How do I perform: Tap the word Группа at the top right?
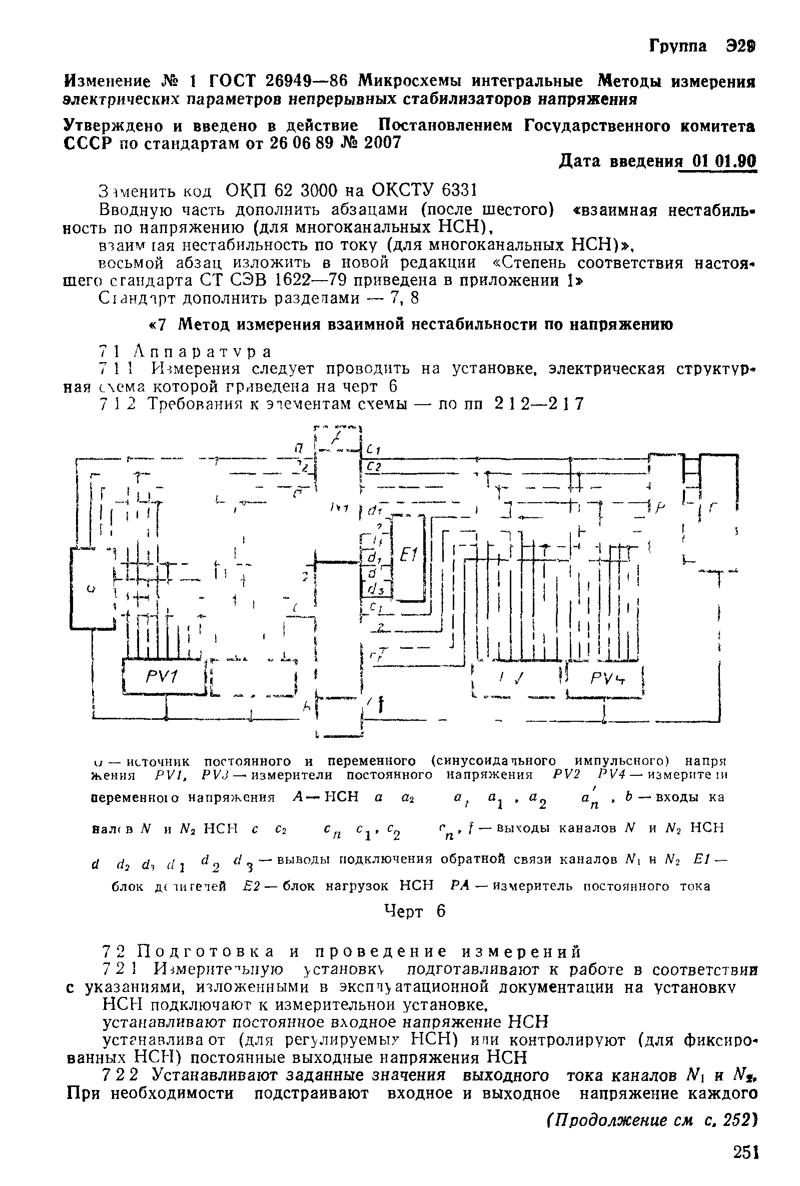678,47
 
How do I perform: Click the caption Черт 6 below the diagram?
415,911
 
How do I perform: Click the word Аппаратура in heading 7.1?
202,352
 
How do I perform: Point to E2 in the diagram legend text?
252,886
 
